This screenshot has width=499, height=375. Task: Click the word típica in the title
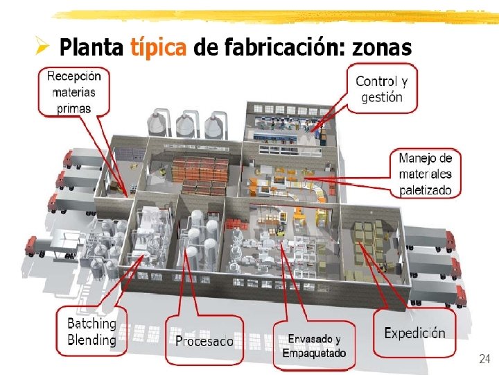tap(157, 48)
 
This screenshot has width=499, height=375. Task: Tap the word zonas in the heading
tap(382, 48)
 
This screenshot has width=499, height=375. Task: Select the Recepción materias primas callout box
tap(73, 91)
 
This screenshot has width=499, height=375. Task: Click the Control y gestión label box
tap(382, 90)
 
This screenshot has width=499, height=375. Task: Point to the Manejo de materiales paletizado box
tap(425, 174)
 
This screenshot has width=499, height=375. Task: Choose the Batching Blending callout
tap(91, 332)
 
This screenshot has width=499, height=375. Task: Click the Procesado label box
tap(204, 340)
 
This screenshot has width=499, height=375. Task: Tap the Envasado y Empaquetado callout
tap(313, 346)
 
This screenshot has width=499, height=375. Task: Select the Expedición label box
tap(414, 333)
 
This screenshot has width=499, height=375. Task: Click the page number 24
tap(484, 359)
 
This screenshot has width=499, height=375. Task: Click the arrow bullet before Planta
tap(42, 47)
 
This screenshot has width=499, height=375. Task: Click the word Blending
tap(91, 340)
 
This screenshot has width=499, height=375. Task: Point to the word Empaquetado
tap(314, 353)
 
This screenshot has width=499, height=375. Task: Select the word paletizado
tap(425, 190)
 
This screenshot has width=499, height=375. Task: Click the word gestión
tap(382, 97)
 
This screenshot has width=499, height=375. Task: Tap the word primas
tap(73, 108)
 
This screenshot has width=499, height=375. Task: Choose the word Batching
tap(91, 324)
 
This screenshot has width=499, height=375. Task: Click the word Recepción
tap(73, 76)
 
